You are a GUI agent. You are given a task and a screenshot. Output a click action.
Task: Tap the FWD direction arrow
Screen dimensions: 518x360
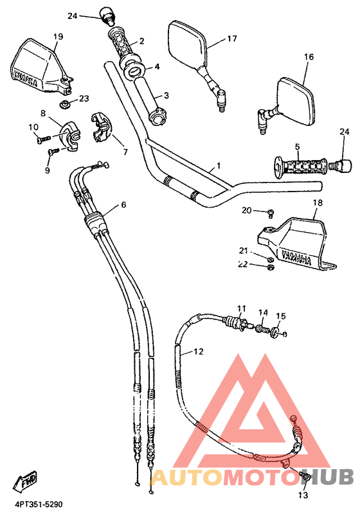(28, 479)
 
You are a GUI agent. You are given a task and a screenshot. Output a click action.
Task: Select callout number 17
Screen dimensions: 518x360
(231, 39)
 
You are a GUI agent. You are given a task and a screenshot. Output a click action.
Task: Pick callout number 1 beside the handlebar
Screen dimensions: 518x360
(219, 165)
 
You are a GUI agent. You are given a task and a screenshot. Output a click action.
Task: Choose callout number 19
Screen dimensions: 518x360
(58, 37)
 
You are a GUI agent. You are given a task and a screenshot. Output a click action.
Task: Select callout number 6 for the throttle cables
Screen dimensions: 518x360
(123, 206)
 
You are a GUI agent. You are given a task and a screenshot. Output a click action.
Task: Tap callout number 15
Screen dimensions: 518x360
(280, 316)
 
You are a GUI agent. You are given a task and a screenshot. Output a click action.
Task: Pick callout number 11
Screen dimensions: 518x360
(241, 308)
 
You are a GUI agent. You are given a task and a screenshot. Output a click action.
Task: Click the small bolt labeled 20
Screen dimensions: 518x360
(272, 211)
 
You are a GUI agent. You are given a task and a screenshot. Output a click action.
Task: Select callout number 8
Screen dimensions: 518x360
(43, 113)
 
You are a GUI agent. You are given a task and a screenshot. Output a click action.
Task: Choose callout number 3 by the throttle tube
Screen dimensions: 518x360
(166, 95)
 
